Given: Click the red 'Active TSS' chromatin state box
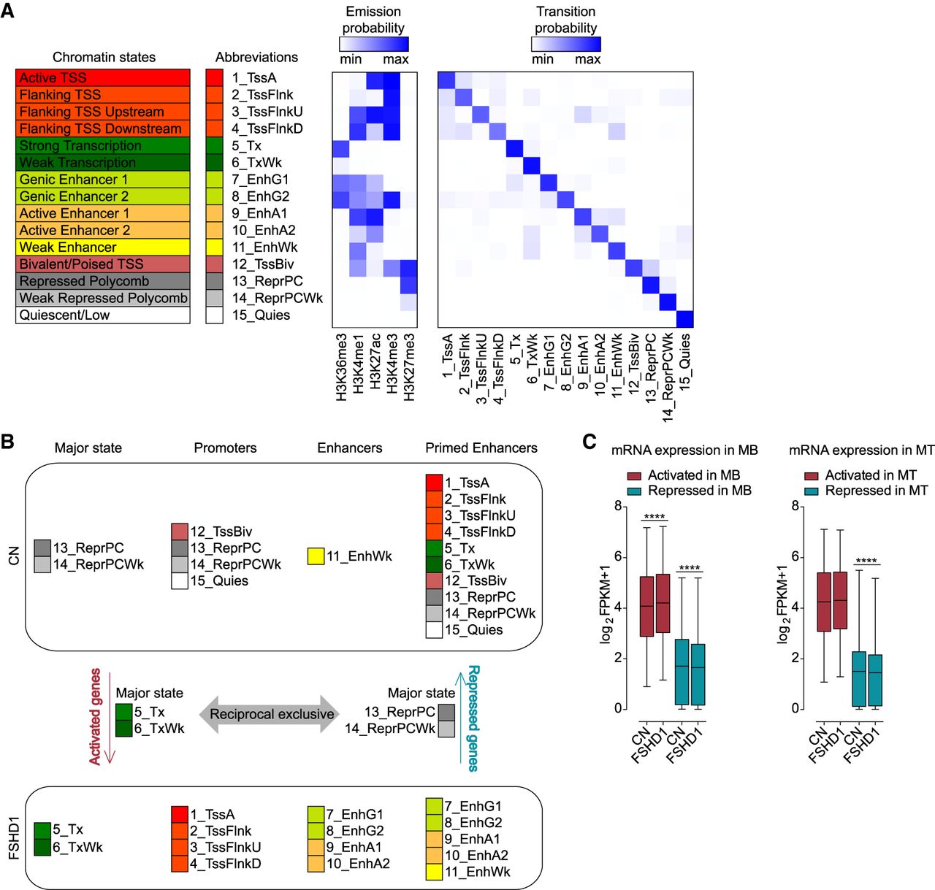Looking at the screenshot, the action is (x=103, y=77).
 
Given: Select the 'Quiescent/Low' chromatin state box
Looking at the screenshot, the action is (x=103, y=315).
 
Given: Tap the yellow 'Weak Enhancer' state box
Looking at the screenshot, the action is (x=103, y=248).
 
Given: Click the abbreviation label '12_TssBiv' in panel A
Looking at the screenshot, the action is (x=263, y=264).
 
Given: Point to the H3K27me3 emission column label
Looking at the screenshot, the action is (x=408, y=367).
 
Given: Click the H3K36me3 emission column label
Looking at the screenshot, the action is (x=341, y=367).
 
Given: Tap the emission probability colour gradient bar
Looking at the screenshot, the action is (x=374, y=44).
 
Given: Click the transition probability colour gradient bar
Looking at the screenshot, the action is (x=566, y=44).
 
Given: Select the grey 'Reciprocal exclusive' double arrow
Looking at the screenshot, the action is (x=270, y=713).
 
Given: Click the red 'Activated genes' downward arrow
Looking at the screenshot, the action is (x=110, y=718).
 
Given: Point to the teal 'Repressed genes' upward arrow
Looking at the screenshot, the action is (x=460, y=718).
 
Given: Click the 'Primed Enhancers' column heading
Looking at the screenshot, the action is (x=481, y=448).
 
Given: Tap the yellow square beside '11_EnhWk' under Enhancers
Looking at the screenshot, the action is (x=316, y=556).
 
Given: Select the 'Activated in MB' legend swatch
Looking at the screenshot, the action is (x=634, y=476).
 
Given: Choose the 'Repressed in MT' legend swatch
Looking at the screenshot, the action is (x=812, y=491).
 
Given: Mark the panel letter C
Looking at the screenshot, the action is (x=589, y=442).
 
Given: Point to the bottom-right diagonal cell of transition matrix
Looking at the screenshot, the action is (x=684, y=319).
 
